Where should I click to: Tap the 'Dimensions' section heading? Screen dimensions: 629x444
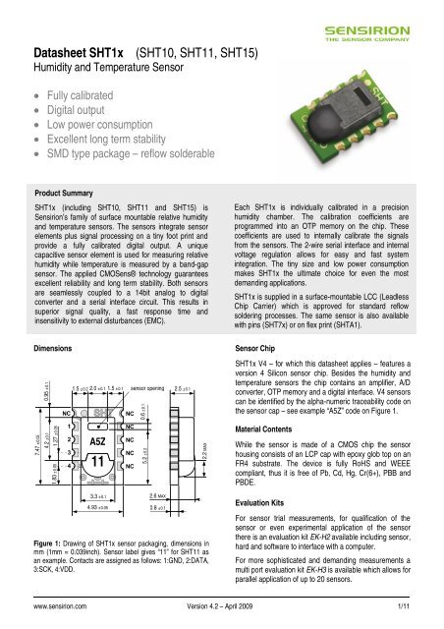pos(46,347)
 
